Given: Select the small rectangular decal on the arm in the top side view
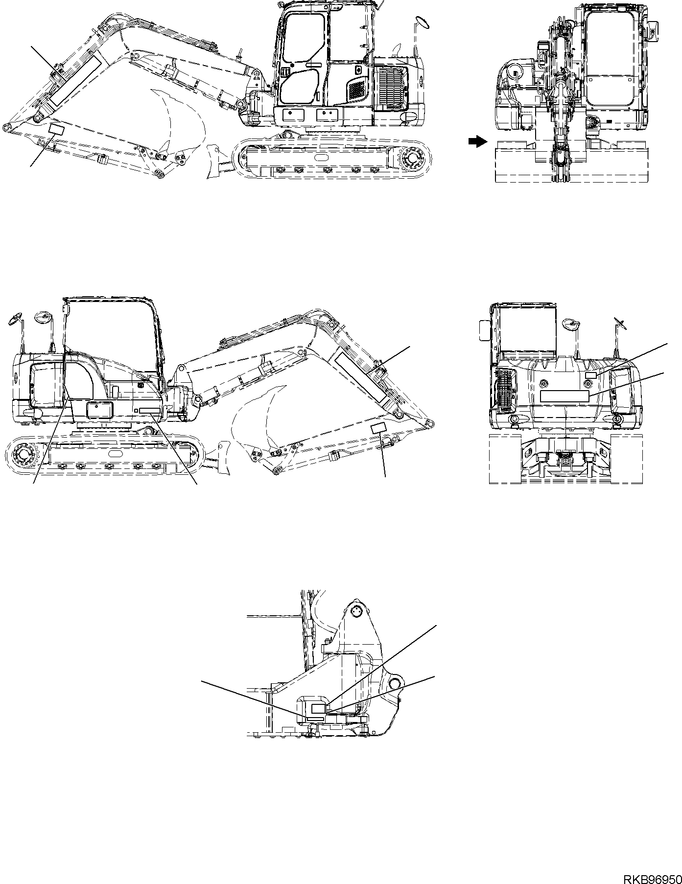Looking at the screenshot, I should point(57,129).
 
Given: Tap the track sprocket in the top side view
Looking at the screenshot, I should point(415,158).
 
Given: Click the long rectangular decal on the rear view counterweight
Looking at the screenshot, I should point(564,396).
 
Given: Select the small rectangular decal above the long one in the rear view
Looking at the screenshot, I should point(590,375).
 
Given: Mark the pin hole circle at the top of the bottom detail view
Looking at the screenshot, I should point(356,610).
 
